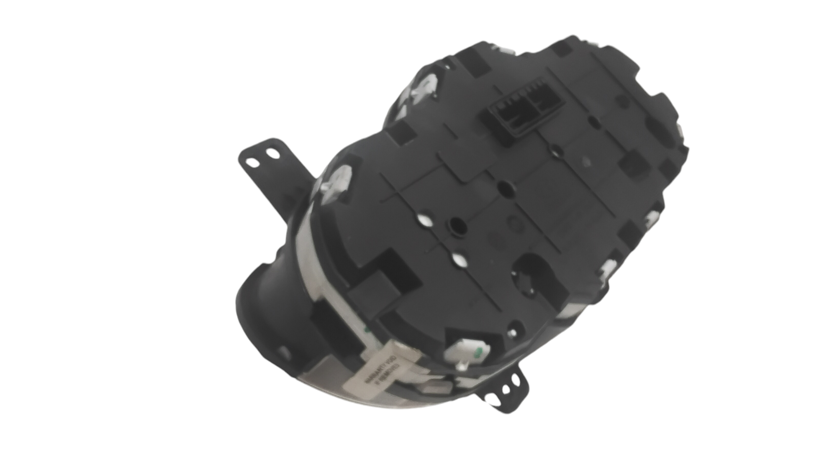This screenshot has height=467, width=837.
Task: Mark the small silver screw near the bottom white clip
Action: [461, 367]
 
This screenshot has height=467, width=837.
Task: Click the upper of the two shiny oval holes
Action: [424, 219]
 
